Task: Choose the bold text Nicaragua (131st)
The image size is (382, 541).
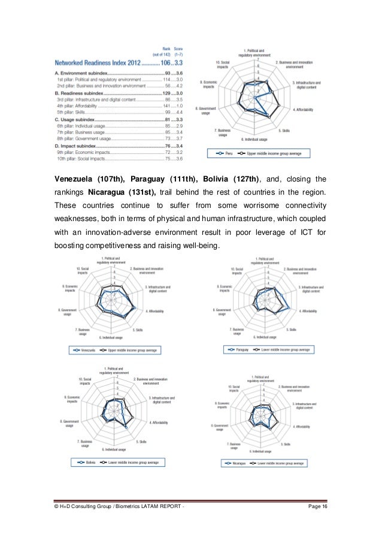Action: point(122,192)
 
